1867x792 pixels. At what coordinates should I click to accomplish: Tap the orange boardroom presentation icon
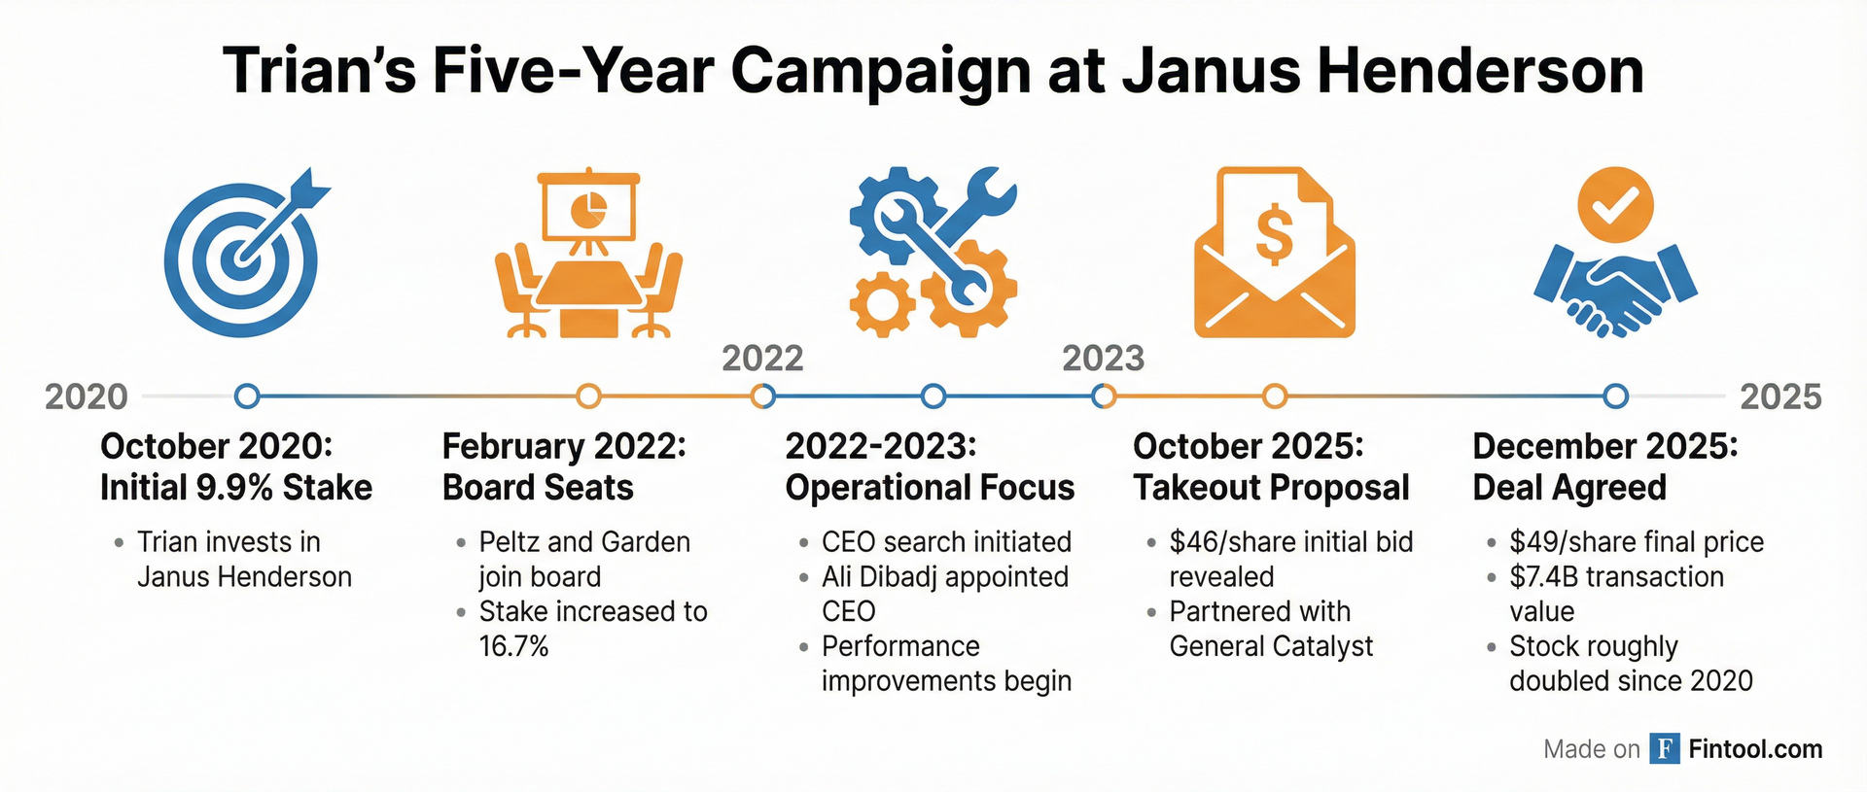point(588,255)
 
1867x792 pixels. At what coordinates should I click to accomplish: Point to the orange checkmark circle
point(1615,205)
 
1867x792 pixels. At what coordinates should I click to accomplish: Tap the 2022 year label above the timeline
point(762,359)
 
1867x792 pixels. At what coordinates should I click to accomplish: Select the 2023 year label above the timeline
point(1103,359)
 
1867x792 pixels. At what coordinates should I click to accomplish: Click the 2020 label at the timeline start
point(87,396)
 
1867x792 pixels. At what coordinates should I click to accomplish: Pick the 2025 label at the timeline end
point(1780,396)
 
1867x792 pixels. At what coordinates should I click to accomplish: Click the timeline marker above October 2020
point(248,396)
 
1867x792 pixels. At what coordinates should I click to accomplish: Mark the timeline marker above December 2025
point(1615,396)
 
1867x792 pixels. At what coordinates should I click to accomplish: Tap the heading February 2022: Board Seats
point(565,466)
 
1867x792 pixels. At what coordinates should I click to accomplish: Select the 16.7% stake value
point(513,646)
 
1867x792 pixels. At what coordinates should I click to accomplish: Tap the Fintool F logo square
point(1665,748)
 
